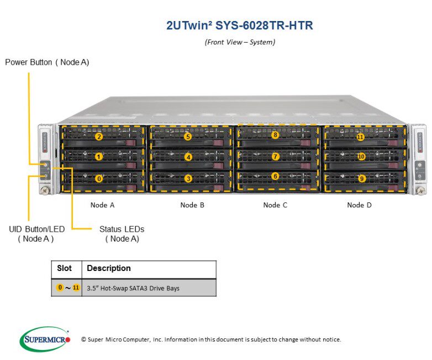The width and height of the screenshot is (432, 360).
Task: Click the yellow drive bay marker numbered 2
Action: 99,137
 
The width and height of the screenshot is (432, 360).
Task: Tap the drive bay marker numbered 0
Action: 99,179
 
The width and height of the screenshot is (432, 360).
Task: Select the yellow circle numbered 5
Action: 188,137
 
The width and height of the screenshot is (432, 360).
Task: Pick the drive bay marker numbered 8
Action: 275,135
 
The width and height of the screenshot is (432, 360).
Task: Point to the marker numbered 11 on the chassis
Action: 360,137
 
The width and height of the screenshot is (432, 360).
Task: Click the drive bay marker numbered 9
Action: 362,179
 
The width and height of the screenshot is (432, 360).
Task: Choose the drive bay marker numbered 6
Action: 275,176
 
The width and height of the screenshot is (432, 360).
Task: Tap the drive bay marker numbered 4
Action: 188,157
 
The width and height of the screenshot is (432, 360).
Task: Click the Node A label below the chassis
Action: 103,205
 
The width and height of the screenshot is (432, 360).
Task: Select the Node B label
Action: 192,205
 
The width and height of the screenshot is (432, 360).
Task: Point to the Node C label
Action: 275,205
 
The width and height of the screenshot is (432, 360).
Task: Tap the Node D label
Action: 359,205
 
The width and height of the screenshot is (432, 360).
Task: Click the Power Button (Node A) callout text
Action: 47,62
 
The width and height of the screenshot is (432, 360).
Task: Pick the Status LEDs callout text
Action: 122,233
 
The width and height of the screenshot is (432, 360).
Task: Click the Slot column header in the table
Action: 65,268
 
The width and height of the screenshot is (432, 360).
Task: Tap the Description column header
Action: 109,268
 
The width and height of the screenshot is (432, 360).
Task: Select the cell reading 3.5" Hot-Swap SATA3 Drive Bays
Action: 133,288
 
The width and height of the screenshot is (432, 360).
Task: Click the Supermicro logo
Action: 45,338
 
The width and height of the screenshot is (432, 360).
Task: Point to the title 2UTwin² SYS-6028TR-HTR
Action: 239,25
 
